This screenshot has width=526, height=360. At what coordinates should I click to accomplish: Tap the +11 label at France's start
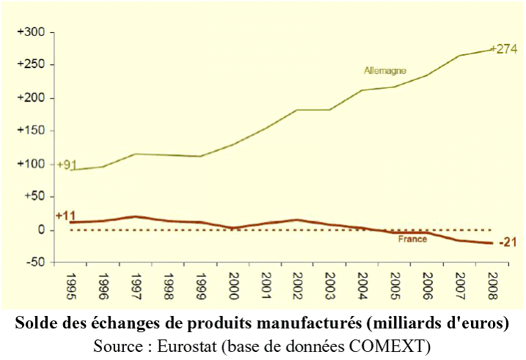(x=66, y=216)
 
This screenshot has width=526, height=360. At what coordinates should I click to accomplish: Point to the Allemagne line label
(x=385, y=71)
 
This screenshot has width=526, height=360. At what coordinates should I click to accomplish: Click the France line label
(x=412, y=239)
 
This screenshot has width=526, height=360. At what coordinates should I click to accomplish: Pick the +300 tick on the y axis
(x=32, y=32)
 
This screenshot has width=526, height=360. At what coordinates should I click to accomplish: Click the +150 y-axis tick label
(x=32, y=131)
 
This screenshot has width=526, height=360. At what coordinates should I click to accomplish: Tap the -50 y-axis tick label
(x=35, y=262)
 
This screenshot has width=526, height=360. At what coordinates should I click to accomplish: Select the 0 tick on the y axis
(x=42, y=230)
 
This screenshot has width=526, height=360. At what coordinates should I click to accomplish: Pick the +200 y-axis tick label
(x=32, y=98)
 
